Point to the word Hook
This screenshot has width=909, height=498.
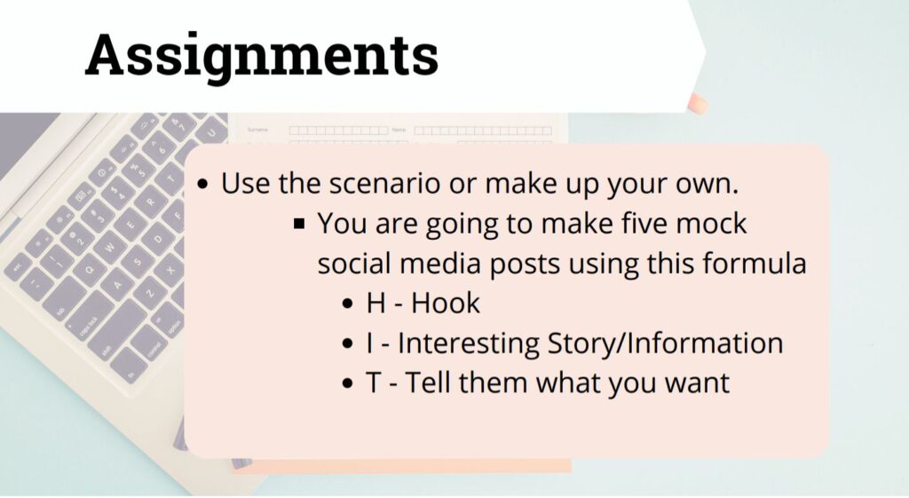point(446,304)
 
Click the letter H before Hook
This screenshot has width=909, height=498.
point(375,304)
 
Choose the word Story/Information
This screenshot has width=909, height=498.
point(666,344)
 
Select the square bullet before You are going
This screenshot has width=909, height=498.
point(299,223)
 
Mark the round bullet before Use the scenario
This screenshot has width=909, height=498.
point(202,185)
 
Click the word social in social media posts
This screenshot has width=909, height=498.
point(352,264)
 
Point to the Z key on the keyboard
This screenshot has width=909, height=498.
point(149,292)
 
